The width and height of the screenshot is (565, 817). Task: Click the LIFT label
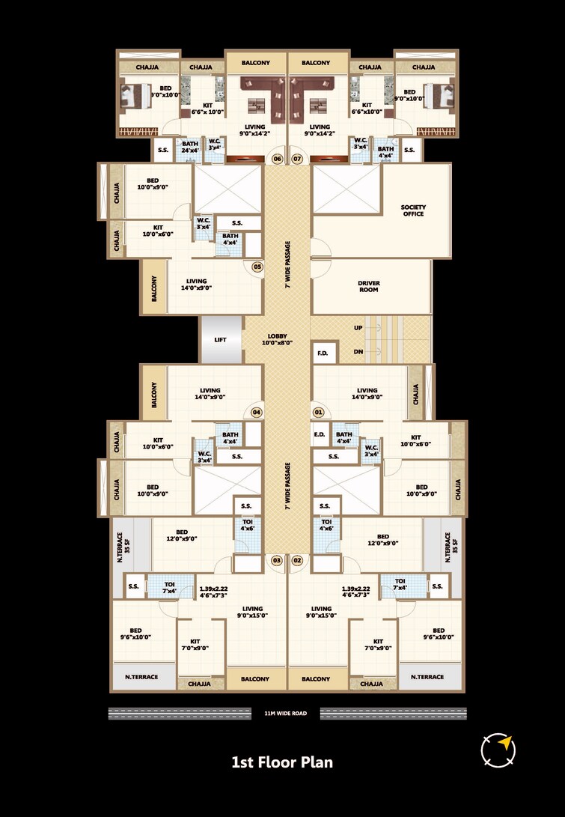tap(220, 339)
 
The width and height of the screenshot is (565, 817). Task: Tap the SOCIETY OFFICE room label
tap(412, 210)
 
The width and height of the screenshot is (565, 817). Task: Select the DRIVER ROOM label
tap(368, 287)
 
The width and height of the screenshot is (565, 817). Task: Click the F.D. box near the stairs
tap(323, 353)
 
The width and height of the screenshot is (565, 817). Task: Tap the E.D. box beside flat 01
tap(319, 434)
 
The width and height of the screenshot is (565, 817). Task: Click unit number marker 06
tap(277, 159)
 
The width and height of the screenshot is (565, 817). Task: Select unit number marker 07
tap(297, 159)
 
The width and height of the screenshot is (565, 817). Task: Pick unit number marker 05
tap(257, 266)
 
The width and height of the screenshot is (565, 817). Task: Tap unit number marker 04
tap(256, 412)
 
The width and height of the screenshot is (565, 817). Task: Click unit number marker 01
tap(318, 412)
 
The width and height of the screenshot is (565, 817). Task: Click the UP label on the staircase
tap(358, 328)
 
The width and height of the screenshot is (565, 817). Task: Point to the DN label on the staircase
tap(358, 351)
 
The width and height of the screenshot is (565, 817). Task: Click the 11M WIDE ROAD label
tap(286, 714)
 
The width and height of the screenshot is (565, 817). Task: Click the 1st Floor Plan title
tap(282, 763)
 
